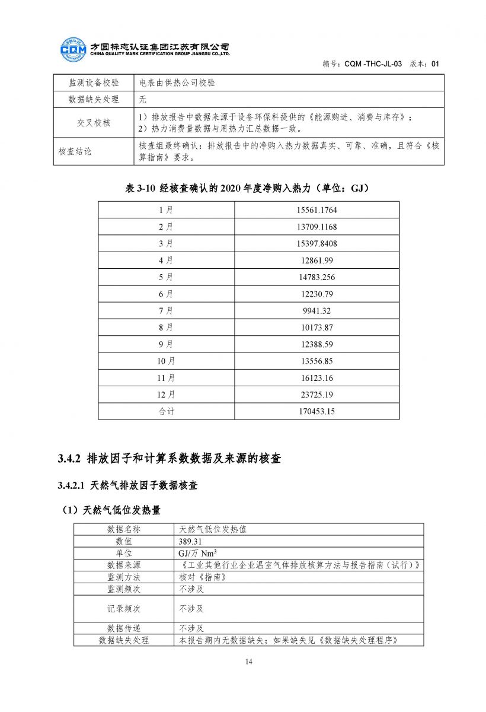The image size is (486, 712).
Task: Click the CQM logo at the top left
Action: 73,49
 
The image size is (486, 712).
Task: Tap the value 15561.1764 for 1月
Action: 316,210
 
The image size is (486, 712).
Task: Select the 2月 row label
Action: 166,227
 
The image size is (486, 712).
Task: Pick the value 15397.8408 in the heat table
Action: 316,243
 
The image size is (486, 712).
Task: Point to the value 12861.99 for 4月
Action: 316,260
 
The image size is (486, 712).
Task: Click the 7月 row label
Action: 166,310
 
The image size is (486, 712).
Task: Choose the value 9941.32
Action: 316,310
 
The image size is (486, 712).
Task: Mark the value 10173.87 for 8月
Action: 316,327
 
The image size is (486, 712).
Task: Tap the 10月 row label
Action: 166,361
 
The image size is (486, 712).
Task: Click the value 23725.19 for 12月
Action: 316,394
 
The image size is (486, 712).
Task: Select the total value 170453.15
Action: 316,411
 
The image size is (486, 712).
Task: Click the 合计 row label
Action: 166,411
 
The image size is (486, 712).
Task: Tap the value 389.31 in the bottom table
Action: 190,541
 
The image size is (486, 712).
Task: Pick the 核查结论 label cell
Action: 75,151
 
